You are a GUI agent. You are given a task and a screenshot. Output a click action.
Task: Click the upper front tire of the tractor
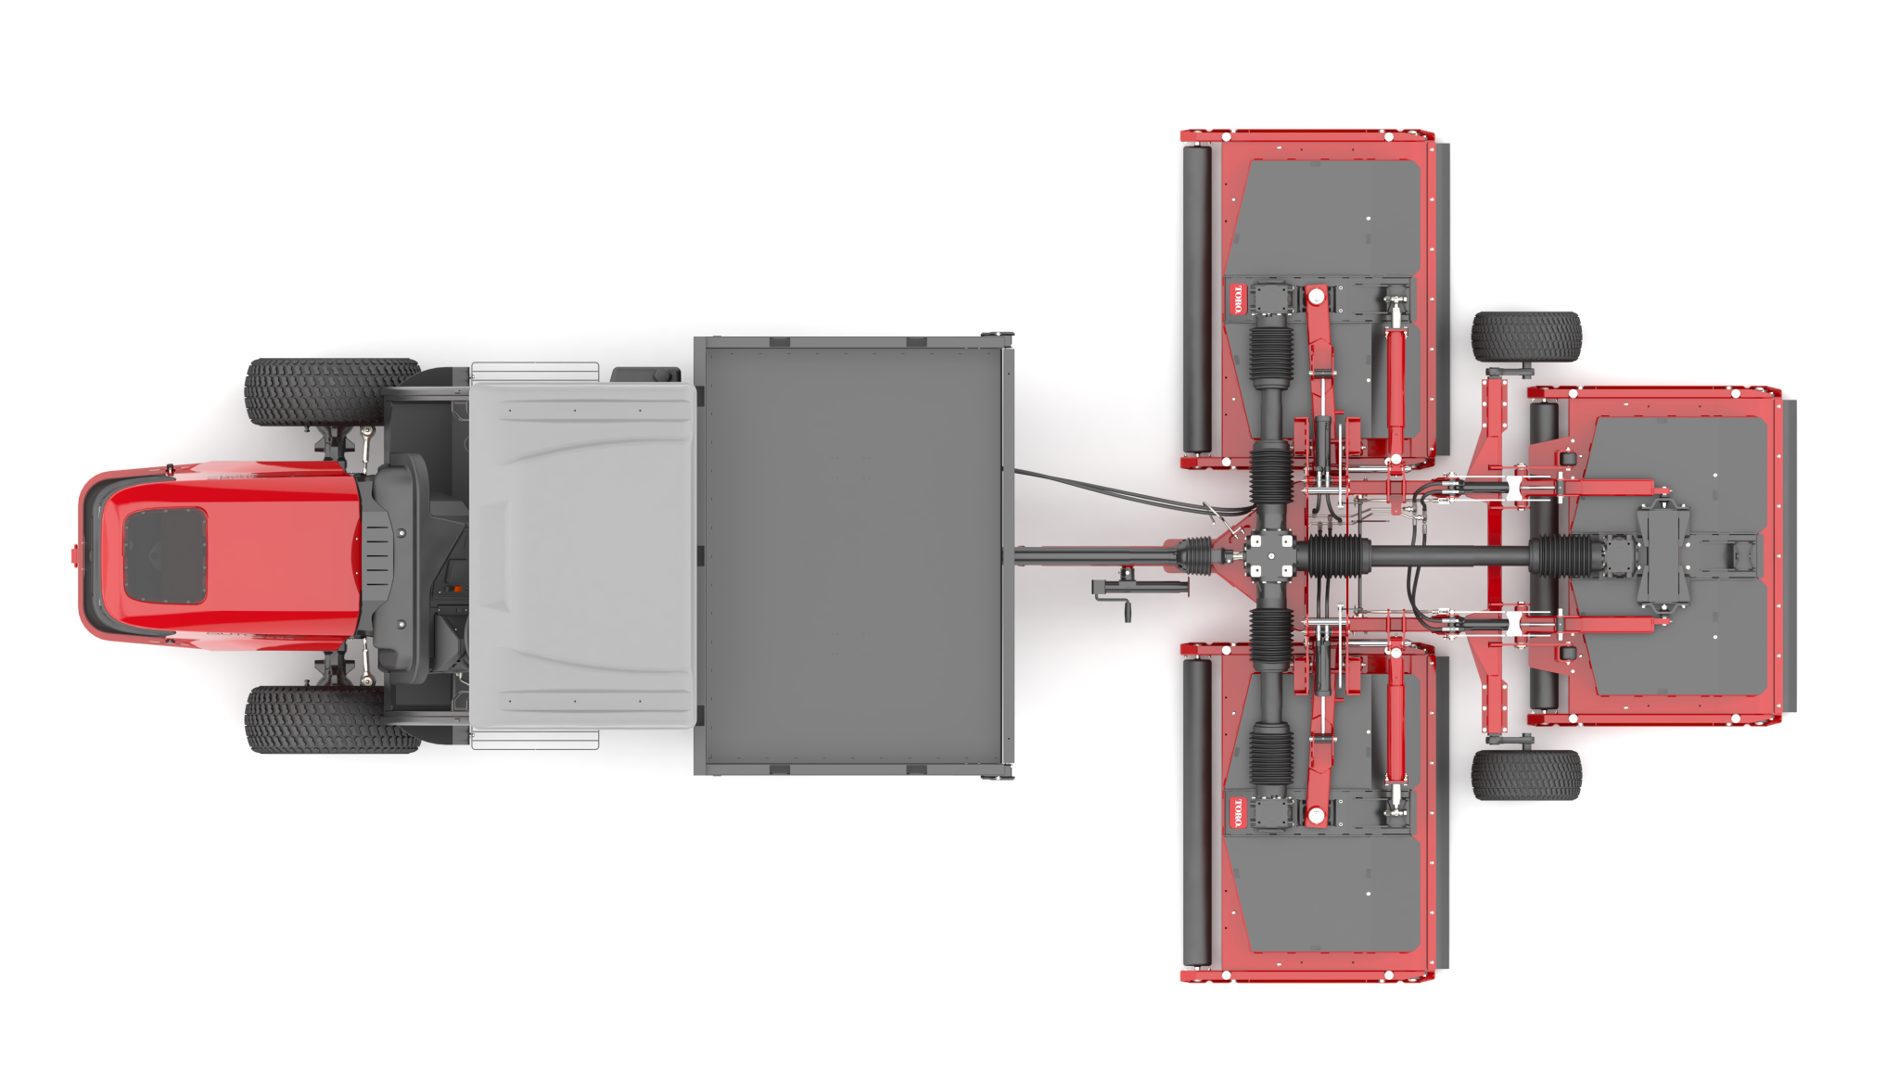click(x=330, y=392)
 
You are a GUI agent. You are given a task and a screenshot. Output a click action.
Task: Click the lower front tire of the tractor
click(x=330, y=719)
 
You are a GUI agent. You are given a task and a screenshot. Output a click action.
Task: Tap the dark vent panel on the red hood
click(x=165, y=555)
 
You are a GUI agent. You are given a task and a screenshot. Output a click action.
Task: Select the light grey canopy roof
click(x=582, y=556)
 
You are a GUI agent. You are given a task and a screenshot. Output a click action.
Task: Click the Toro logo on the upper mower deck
click(x=1238, y=299)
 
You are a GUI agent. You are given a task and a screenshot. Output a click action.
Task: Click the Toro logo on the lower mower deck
click(x=1238, y=813)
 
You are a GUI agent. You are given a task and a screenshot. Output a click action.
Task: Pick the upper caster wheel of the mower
click(x=1525, y=337)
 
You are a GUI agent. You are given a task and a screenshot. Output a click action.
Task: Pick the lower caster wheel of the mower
click(x=1525, y=775)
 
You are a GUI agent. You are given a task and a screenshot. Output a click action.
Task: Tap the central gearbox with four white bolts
click(x=1269, y=555)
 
